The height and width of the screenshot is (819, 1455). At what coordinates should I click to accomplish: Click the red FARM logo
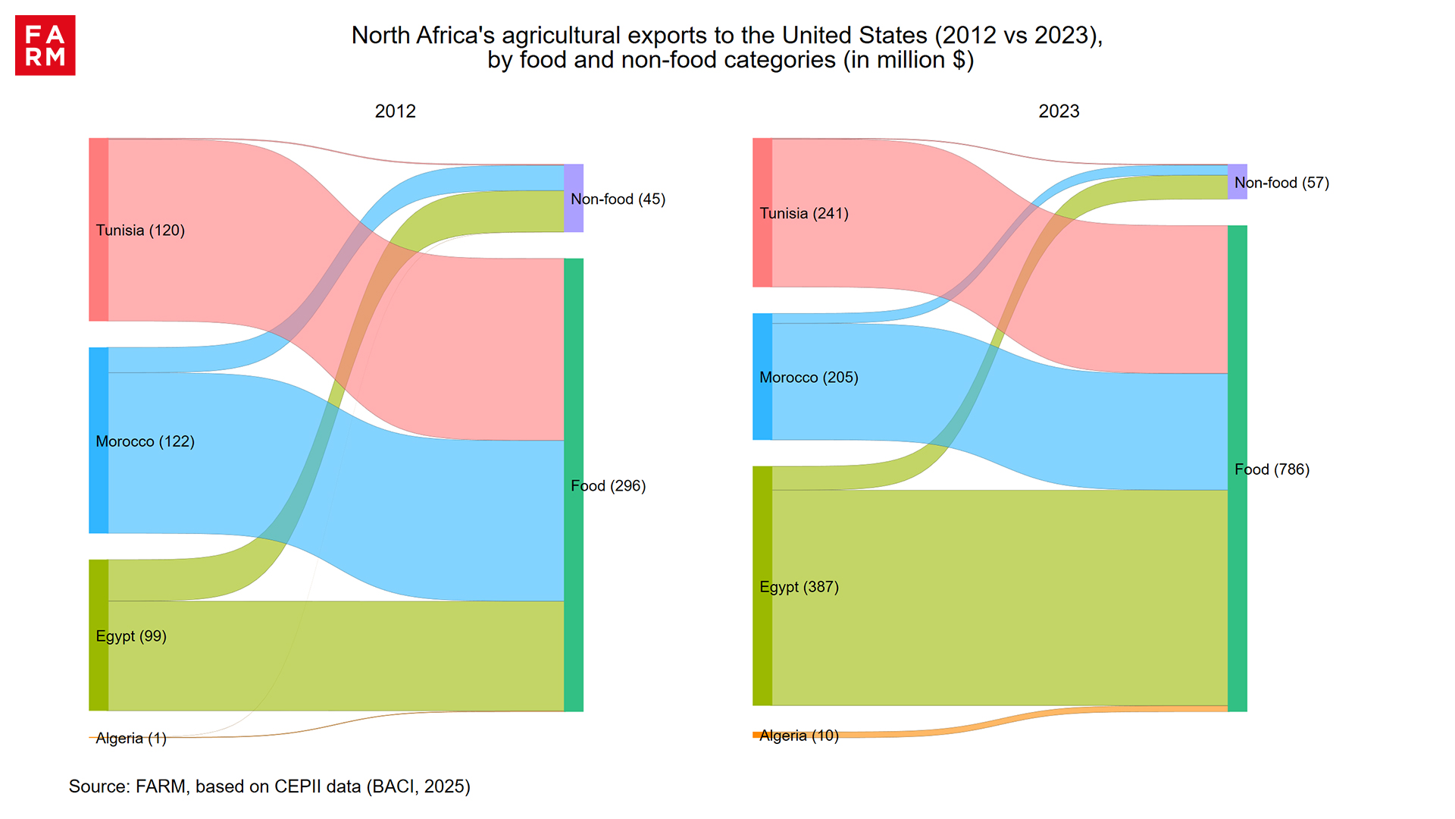pos(45,45)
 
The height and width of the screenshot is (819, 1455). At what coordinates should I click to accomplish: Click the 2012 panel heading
pos(395,111)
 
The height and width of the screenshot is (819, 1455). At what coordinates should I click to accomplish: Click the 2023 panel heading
pos(1059,111)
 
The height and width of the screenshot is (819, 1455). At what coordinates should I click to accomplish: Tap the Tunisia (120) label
pos(140,231)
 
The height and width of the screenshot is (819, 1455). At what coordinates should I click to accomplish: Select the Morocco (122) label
pos(145,441)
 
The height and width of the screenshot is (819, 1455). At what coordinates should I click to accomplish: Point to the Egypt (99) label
pos(131,636)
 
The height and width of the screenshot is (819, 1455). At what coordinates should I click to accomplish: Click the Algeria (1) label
pos(131,739)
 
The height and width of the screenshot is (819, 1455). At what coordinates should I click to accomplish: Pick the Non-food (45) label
pos(618,199)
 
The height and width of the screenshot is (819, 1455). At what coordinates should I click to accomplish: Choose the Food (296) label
pos(608,486)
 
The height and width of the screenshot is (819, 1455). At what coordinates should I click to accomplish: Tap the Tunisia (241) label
pos(804,214)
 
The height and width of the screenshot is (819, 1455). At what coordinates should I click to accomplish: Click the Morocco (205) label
pos(809,378)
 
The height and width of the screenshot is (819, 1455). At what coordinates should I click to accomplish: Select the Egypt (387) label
pos(799,587)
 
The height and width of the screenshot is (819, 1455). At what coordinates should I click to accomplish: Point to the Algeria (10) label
pos(799,736)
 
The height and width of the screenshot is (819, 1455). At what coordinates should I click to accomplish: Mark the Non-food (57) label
pos(1281,183)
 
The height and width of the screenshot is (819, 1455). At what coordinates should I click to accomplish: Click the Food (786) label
pos(1272,469)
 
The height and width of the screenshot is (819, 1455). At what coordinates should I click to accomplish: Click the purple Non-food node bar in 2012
pos(574,198)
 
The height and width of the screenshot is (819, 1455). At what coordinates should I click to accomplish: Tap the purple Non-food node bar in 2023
pos(1237,182)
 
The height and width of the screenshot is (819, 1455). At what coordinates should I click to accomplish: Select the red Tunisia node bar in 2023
pos(762,212)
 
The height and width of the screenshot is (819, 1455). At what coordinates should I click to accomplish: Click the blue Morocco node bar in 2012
pos(99,440)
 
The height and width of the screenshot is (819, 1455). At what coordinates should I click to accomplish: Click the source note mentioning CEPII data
pos(269,786)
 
